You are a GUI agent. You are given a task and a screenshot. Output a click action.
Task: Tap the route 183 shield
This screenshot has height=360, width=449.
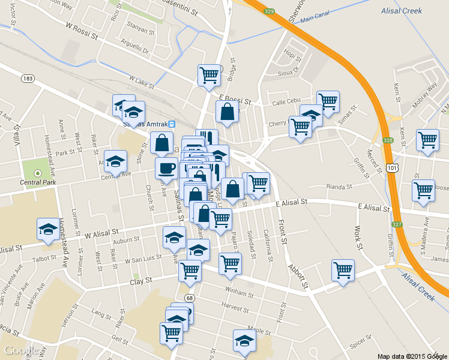pos(27,79)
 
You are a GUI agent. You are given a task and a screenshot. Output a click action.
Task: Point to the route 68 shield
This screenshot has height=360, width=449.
pos(190,298)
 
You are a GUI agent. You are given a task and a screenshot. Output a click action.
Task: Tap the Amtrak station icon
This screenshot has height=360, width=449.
pos(172,124)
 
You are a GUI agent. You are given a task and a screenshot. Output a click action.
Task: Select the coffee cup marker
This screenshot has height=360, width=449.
pos(166,168)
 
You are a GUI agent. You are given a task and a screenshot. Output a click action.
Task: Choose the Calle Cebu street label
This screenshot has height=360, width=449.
pos(286,102)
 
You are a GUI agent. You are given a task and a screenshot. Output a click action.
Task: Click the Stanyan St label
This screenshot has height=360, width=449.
pos(142,25)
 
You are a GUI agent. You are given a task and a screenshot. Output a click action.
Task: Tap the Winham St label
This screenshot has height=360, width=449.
pos(223,293)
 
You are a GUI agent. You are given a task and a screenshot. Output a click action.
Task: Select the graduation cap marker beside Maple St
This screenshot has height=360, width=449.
pos(244,340)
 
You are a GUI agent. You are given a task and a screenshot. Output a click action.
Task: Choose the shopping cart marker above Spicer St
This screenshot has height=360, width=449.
pos(343,269)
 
